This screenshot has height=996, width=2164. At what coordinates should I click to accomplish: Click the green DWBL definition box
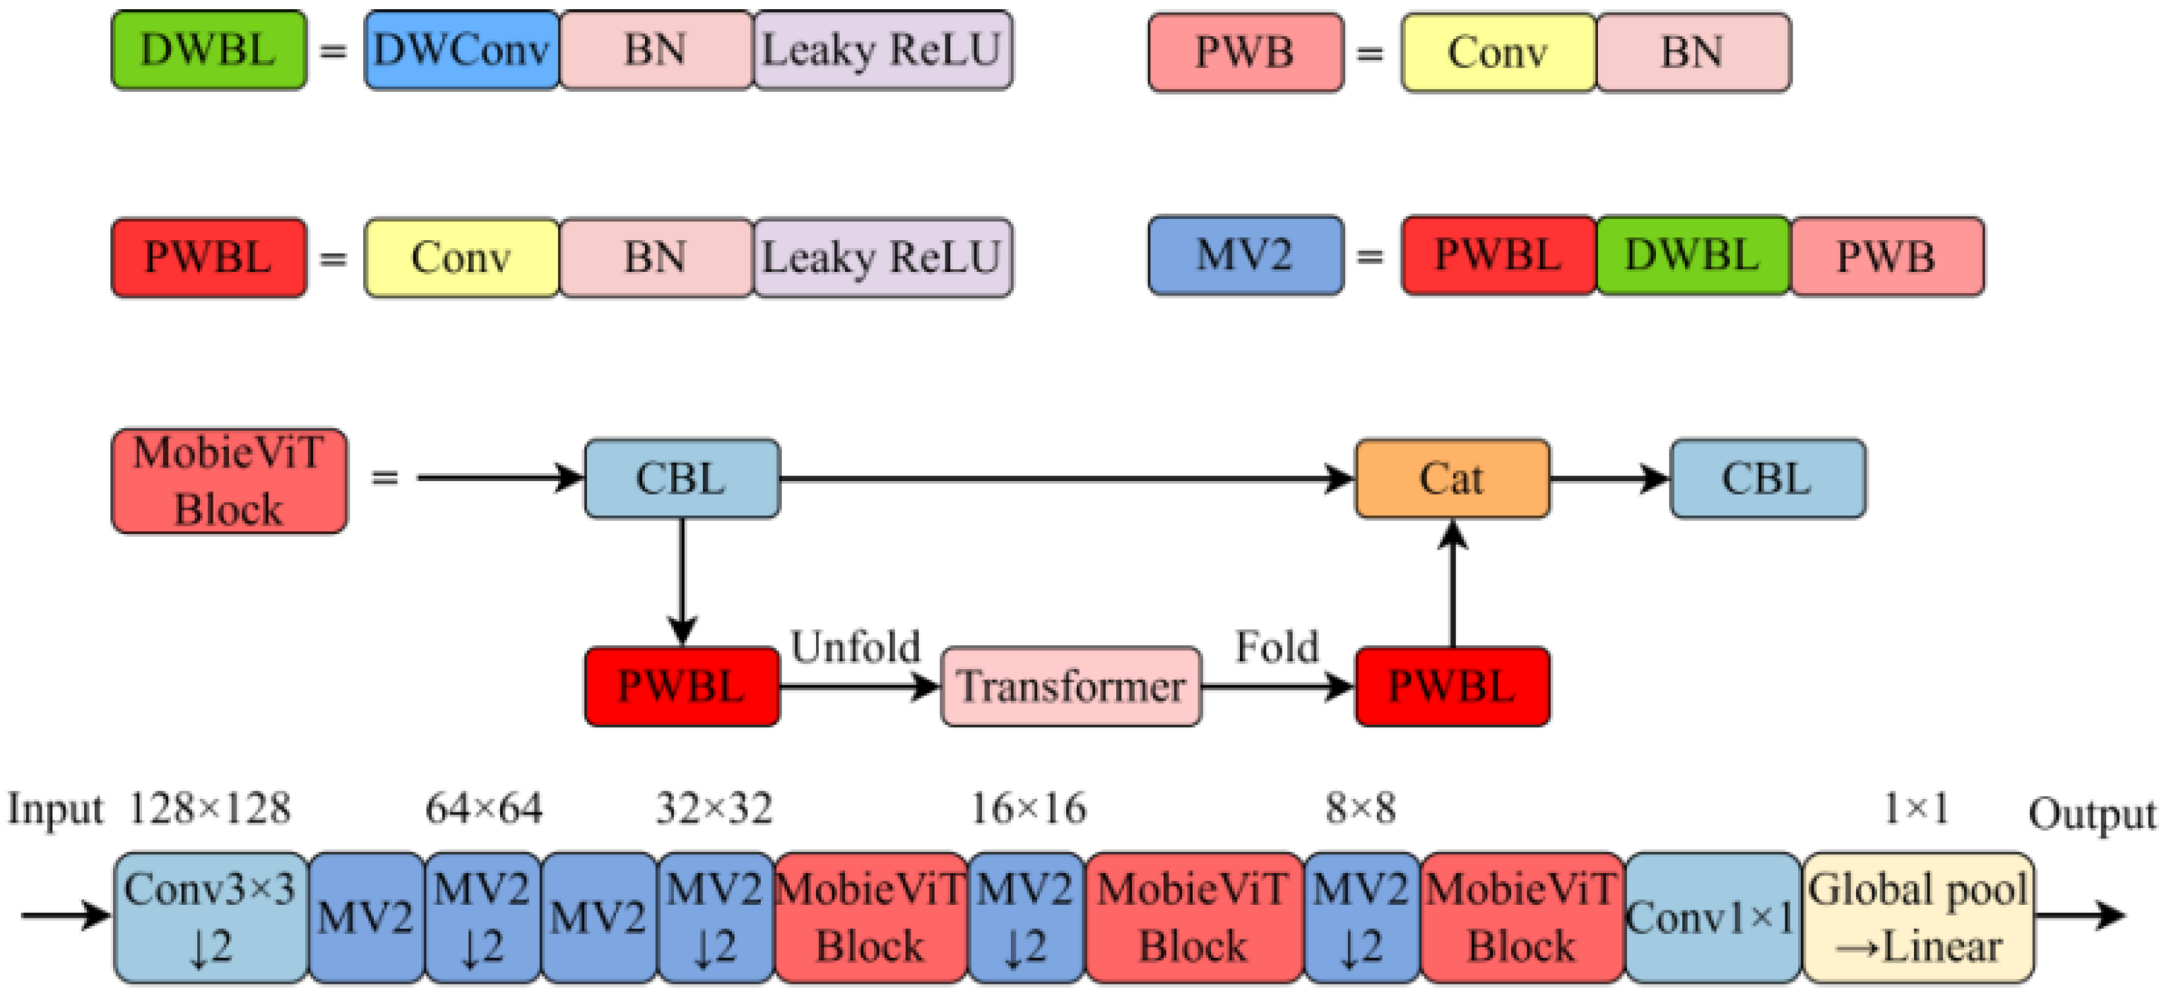pyautogui.click(x=208, y=50)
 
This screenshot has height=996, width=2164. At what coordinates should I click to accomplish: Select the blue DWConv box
pyautogui.click(x=461, y=50)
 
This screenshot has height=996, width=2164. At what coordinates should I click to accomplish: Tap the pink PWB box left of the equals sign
pyautogui.click(x=1245, y=52)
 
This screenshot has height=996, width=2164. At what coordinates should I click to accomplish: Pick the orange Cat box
pyautogui.click(x=1452, y=479)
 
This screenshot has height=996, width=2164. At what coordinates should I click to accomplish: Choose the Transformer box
pyautogui.click(x=1070, y=686)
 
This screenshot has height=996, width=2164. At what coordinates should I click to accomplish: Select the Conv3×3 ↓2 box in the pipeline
pyautogui.click(x=210, y=917)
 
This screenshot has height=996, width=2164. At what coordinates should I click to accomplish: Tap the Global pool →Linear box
pyautogui.click(x=1917, y=917)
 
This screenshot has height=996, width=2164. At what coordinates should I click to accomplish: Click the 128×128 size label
pyautogui.click(x=210, y=809)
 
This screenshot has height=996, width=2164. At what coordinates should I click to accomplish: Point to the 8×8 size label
pyautogui.click(x=1361, y=809)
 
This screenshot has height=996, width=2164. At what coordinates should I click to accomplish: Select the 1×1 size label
pyautogui.click(x=1915, y=809)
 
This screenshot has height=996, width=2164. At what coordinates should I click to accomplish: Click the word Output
pyautogui.click(x=2092, y=814)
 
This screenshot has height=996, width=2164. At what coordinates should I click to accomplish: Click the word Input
pyautogui.click(x=55, y=811)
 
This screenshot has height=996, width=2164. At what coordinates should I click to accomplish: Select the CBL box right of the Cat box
pyautogui.click(x=1768, y=479)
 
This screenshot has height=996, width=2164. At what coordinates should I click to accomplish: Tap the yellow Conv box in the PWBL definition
pyautogui.click(x=461, y=258)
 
